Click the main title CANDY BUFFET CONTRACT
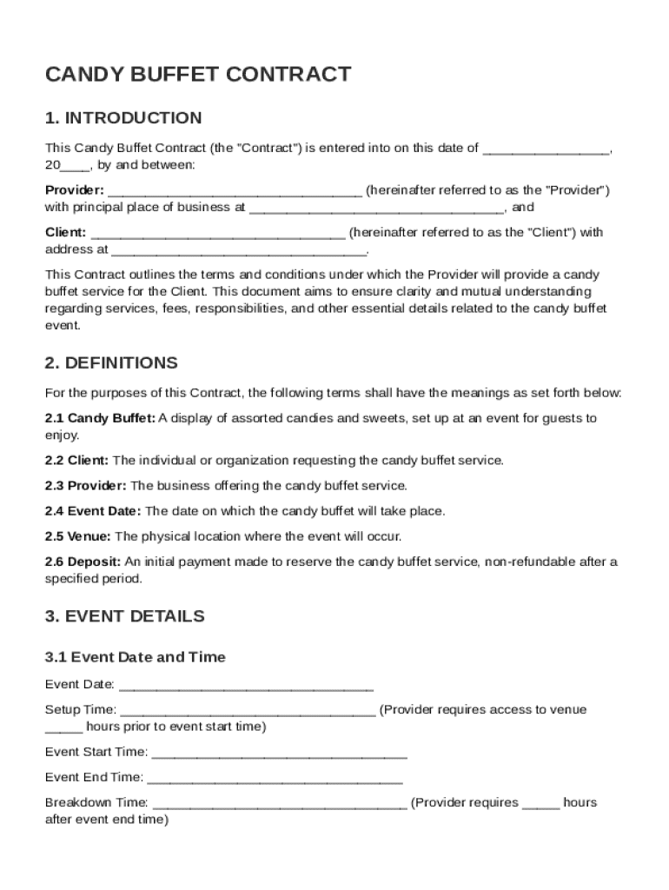198,75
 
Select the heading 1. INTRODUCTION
123,117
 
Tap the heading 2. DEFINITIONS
111,362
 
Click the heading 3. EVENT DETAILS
125,616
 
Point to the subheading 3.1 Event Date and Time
135,657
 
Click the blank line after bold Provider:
235,190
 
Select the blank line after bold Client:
217,233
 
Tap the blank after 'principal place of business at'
375,208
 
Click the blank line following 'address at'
239,250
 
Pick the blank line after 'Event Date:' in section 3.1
246,685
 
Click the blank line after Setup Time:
248,710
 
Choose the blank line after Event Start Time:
279,752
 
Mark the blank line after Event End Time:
275,777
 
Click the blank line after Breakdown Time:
279,803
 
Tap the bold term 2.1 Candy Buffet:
100,418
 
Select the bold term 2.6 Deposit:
83,561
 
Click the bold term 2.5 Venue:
78,536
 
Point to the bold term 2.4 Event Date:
93,511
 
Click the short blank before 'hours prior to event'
63,727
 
